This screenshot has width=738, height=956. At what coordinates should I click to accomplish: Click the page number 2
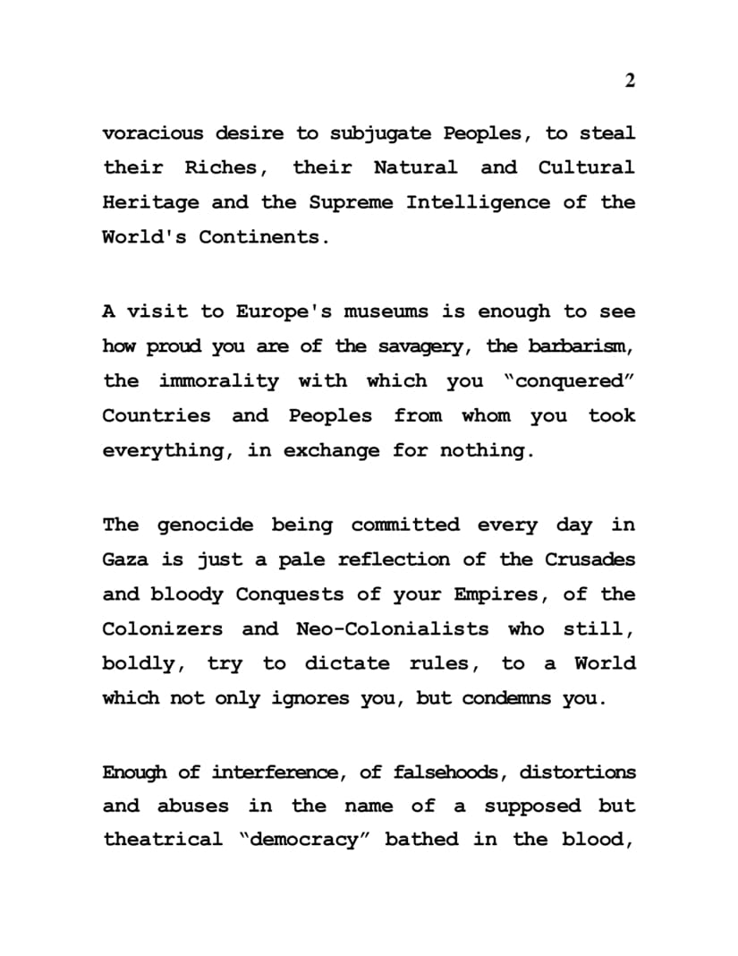[x=630, y=81]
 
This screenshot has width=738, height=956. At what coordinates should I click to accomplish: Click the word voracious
[x=152, y=133]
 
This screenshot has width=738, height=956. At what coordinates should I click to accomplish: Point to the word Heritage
[x=151, y=202]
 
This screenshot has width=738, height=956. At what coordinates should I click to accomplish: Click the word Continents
[x=258, y=237]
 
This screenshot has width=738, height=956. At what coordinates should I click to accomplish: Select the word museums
[x=394, y=312]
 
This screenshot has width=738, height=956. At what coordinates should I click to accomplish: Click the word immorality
[x=219, y=380]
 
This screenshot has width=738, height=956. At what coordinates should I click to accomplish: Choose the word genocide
[x=208, y=525]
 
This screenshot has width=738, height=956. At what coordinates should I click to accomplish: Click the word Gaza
[x=125, y=559]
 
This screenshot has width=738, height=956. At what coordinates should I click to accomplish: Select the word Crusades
[x=590, y=559]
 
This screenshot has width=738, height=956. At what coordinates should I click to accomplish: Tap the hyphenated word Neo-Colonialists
[x=392, y=628]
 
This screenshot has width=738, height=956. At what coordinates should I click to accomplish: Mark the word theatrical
[x=163, y=840]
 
